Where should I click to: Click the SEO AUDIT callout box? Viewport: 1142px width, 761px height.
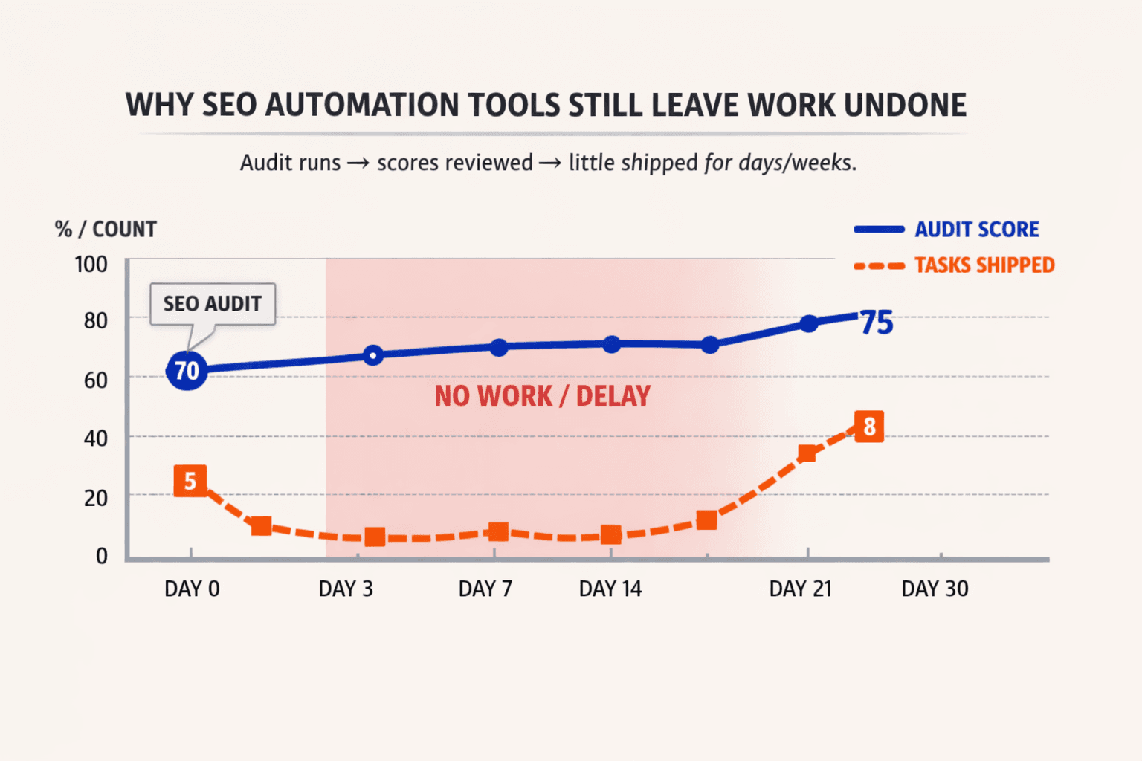213,304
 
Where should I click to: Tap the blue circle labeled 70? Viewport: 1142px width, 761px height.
187,370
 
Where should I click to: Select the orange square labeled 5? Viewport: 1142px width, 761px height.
190,481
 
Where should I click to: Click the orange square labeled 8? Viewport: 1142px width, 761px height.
869,427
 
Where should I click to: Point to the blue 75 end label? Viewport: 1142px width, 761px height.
877,323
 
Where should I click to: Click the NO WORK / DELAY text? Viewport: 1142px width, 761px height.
543,396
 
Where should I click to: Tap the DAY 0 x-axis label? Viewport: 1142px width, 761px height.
192,589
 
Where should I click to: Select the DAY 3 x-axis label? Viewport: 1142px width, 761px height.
346,589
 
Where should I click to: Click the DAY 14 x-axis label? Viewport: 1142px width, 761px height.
610,589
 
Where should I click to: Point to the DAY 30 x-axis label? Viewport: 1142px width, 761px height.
935,589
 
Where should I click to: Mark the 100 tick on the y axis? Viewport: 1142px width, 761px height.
91,265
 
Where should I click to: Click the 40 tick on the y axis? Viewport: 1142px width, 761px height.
95,438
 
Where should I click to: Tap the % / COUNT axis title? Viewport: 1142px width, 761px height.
106,229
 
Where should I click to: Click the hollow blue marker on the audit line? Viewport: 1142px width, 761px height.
373,355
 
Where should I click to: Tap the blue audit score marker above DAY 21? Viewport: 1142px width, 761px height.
809,323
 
